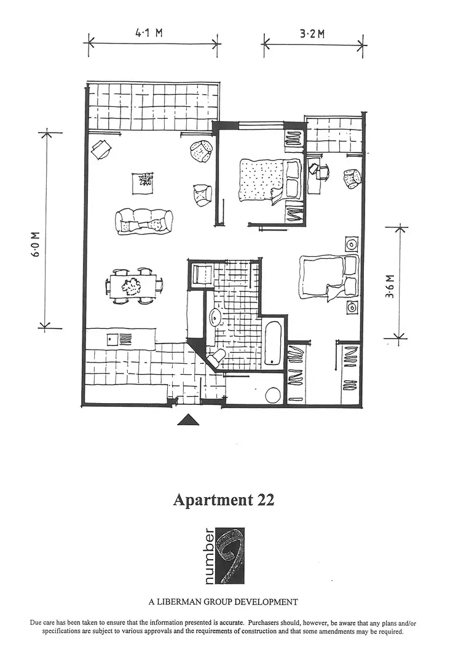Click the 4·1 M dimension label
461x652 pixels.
pyautogui.click(x=149, y=33)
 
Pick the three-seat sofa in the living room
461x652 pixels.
pyautogui.click(x=143, y=221)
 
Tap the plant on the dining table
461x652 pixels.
pyautogui.click(x=131, y=286)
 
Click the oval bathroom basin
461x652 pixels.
pyautogui.click(x=216, y=316)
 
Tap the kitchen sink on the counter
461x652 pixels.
pyautogui.click(x=113, y=338)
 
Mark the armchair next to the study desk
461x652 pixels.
pyautogui.click(x=351, y=179)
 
